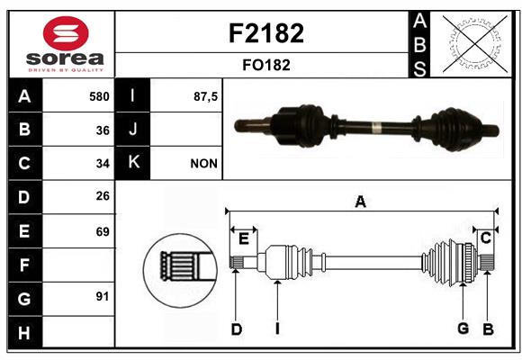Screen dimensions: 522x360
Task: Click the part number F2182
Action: click(266, 33)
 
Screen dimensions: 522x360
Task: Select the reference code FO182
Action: click(266, 65)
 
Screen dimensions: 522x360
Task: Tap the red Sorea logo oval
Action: click(66, 33)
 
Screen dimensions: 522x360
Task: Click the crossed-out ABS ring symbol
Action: click(475, 44)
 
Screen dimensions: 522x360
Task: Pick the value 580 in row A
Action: click(99, 96)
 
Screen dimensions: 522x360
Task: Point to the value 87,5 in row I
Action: click(205, 96)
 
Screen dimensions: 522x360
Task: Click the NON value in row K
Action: click(203, 164)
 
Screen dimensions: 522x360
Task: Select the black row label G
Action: click(25, 299)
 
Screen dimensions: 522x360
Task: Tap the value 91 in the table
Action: click(103, 296)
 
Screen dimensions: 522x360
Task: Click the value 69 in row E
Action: click(103, 231)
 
